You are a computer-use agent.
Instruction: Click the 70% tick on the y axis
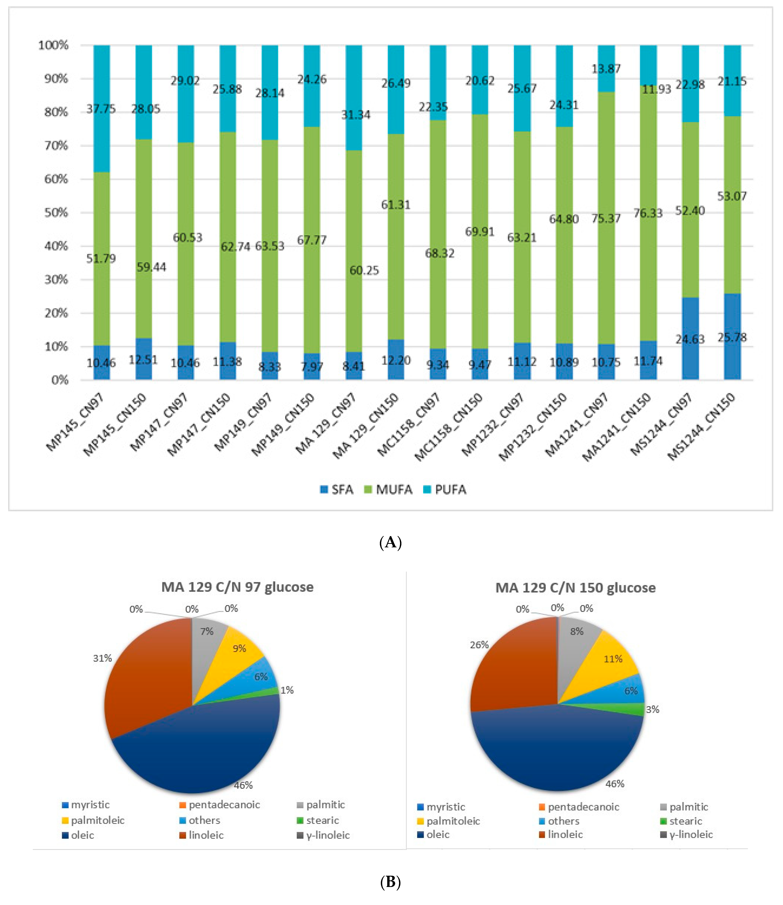(x=56, y=145)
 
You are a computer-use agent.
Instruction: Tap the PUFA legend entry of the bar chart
(x=445, y=490)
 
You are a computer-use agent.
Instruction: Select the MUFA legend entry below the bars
(x=388, y=490)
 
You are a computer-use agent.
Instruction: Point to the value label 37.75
(x=101, y=109)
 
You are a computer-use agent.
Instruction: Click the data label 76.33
(x=648, y=213)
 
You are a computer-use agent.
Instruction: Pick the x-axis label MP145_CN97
(x=75, y=421)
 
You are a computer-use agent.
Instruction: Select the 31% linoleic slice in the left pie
(x=144, y=673)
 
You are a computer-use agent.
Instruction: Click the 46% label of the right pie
(x=615, y=784)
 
